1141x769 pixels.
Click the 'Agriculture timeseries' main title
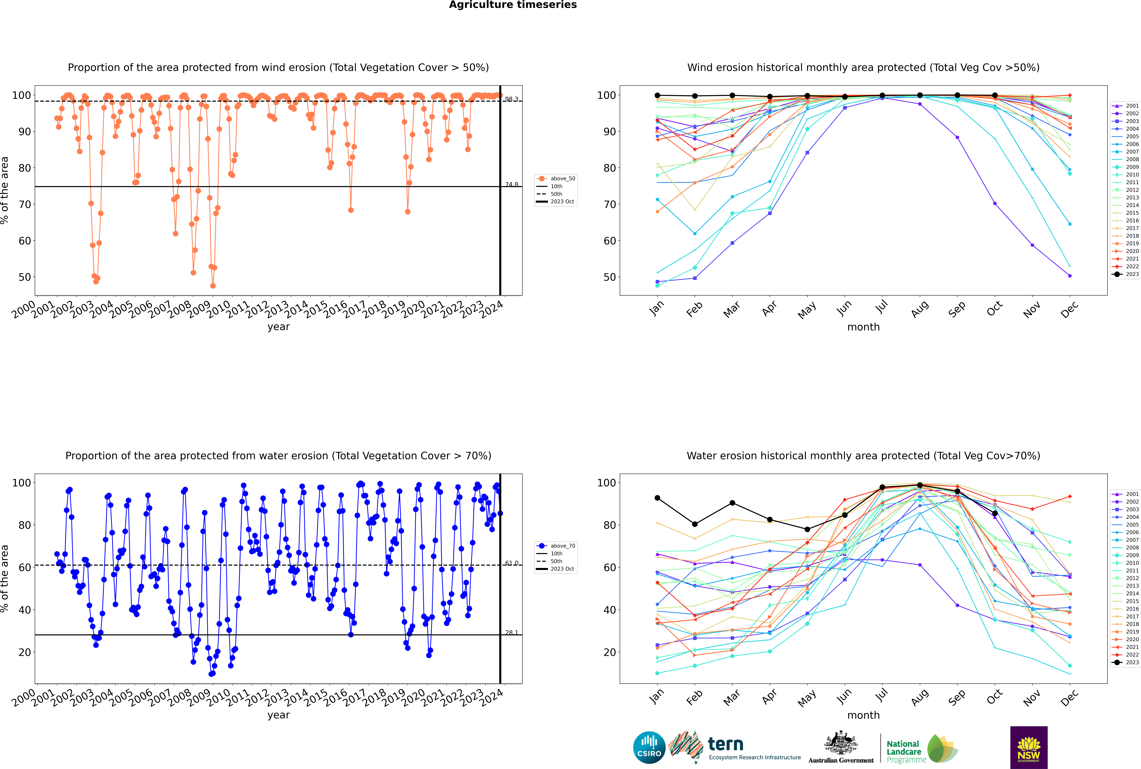point(513,5)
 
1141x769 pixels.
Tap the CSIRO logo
point(649,747)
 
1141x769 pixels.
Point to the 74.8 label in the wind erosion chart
point(512,184)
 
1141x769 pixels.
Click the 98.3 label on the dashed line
point(512,99)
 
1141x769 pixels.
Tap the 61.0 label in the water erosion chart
point(512,563)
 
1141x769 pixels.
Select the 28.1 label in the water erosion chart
point(512,633)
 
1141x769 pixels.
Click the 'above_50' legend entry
point(556,179)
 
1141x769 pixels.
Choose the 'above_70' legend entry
point(556,546)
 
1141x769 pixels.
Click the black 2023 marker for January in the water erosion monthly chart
point(657,498)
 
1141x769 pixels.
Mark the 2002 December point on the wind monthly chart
point(1070,276)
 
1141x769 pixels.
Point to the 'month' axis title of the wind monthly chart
point(863,327)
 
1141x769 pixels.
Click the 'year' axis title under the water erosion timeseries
point(279,715)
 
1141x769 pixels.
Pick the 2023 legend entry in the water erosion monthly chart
point(1125,663)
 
